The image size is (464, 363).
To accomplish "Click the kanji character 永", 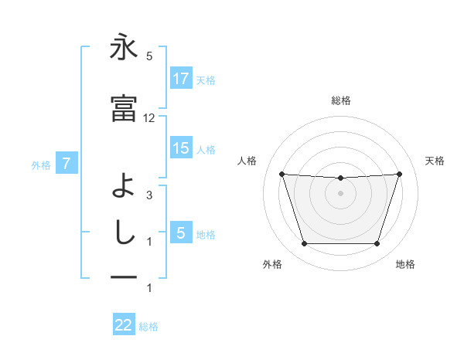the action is click(124, 49).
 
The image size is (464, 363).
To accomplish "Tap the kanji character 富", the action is click(124, 108).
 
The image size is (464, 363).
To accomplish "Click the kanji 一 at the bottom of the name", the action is click(124, 276).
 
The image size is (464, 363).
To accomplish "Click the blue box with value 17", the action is click(181, 79).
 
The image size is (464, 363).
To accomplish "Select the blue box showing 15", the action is click(181, 148).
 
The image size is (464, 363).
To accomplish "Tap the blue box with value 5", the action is click(181, 233).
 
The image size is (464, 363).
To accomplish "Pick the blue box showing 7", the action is click(67, 164).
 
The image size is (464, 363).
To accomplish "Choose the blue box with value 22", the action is click(124, 325).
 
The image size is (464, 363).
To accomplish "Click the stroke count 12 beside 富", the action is click(149, 118).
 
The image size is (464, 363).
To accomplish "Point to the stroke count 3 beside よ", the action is click(149, 195).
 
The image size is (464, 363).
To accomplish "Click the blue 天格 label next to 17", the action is click(206, 80).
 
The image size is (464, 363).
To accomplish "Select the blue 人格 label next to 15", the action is click(206, 149).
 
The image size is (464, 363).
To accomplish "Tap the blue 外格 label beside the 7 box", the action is click(42, 165).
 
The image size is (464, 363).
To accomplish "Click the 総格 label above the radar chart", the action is click(341, 100).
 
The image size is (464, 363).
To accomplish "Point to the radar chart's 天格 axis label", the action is click(435, 161).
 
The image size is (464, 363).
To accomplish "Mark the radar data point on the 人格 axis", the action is click(282, 174).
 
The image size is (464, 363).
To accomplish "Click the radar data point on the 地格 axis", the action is click(377, 244).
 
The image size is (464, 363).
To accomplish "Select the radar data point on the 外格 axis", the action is click(304, 244).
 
